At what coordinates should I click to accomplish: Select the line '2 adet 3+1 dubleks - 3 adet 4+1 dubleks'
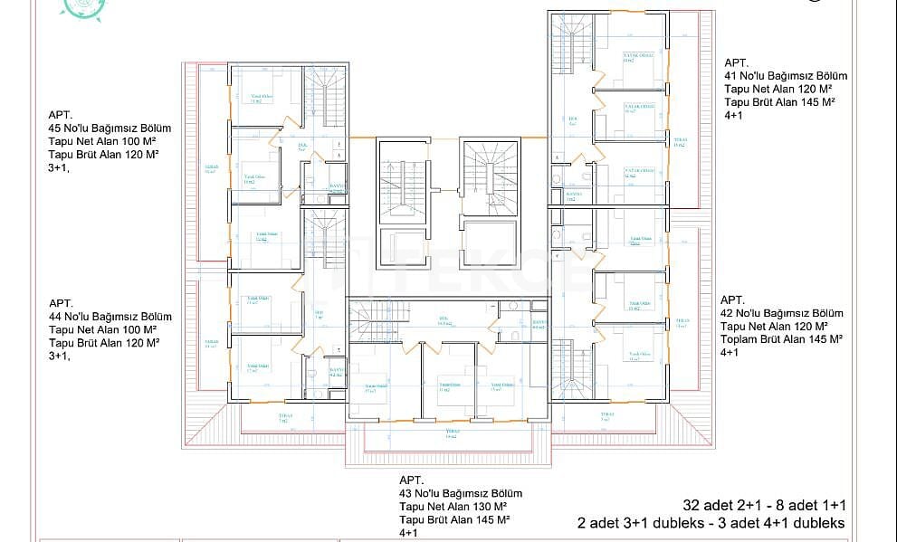[711, 523]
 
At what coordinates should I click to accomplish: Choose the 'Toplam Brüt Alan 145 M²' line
[782, 338]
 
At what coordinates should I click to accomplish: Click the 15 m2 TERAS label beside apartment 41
[680, 142]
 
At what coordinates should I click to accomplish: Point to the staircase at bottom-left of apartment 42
[570, 365]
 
